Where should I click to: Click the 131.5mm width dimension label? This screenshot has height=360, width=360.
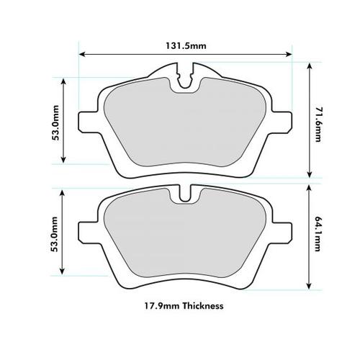coord(186,45)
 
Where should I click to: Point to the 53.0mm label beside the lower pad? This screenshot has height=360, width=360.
coord(55,234)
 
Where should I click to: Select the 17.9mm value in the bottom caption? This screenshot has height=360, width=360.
coord(162,305)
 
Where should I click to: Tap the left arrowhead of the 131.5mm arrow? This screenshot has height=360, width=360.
coord(82,54)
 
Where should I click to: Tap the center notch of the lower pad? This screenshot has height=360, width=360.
coord(186,194)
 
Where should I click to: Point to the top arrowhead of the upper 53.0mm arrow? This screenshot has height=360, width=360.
coord(65,80)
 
